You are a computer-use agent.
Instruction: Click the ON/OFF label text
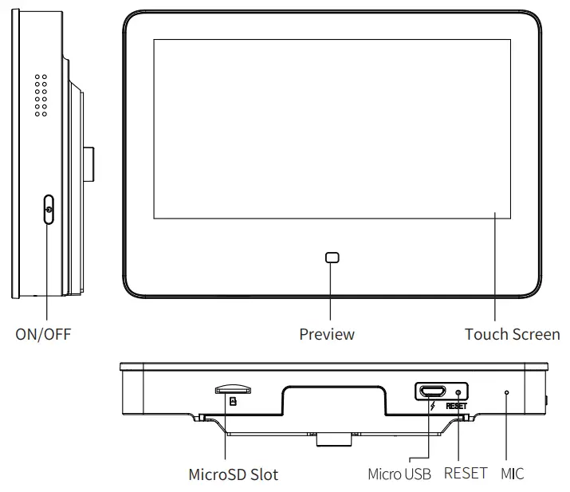pyautogui.click(x=43, y=334)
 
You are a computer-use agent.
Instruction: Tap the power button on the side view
pyautogui.click(x=49, y=211)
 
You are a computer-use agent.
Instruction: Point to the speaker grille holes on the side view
pyautogui.click(x=41, y=96)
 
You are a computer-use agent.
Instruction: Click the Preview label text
pyautogui.click(x=327, y=334)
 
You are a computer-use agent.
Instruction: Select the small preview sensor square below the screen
pyautogui.click(x=332, y=258)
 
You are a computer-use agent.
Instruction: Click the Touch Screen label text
pyautogui.click(x=512, y=334)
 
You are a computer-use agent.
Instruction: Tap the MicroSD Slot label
pyautogui.click(x=233, y=474)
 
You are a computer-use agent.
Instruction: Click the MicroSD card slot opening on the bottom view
pyautogui.click(x=233, y=390)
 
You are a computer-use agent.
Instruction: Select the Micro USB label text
pyautogui.click(x=399, y=474)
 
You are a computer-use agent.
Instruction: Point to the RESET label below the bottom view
pyautogui.click(x=465, y=474)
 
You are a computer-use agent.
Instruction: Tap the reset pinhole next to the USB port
pyautogui.click(x=458, y=392)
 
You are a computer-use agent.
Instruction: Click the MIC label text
pyautogui.click(x=513, y=474)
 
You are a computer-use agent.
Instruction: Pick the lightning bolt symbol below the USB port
pyautogui.click(x=431, y=406)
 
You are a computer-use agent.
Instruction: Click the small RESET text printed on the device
pyautogui.click(x=456, y=406)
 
